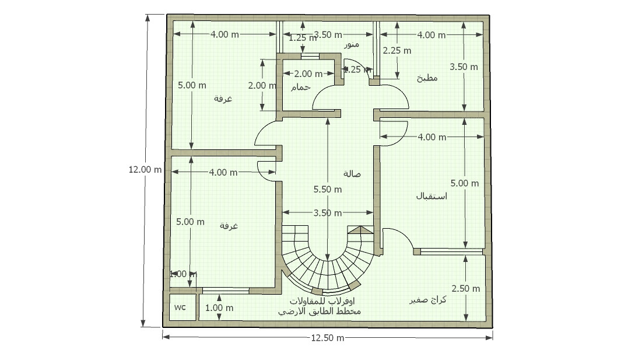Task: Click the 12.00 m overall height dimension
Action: (x=145, y=170)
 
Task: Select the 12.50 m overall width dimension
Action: (x=327, y=338)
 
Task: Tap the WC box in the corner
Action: (x=180, y=307)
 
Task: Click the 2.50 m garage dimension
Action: (x=465, y=289)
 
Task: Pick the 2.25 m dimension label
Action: (x=397, y=51)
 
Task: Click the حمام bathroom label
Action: (x=300, y=87)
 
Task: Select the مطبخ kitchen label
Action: (x=427, y=78)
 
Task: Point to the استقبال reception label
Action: (x=431, y=196)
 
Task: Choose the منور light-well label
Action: (x=351, y=45)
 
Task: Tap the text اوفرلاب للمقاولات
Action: (x=322, y=301)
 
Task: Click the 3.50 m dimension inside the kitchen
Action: (x=464, y=67)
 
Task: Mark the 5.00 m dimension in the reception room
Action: (x=465, y=183)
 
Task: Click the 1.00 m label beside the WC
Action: (x=219, y=307)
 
